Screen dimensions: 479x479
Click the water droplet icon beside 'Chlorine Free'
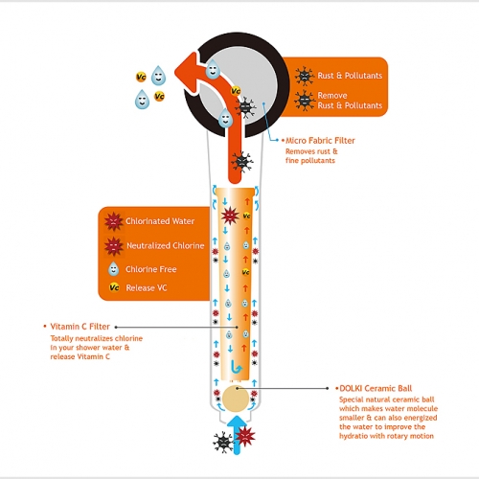click(x=114, y=268)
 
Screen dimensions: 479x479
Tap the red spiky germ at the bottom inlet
click(x=245, y=437)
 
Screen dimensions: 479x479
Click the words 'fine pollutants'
click(x=311, y=159)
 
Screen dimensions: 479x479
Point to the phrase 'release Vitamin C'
click(x=80, y=356)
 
